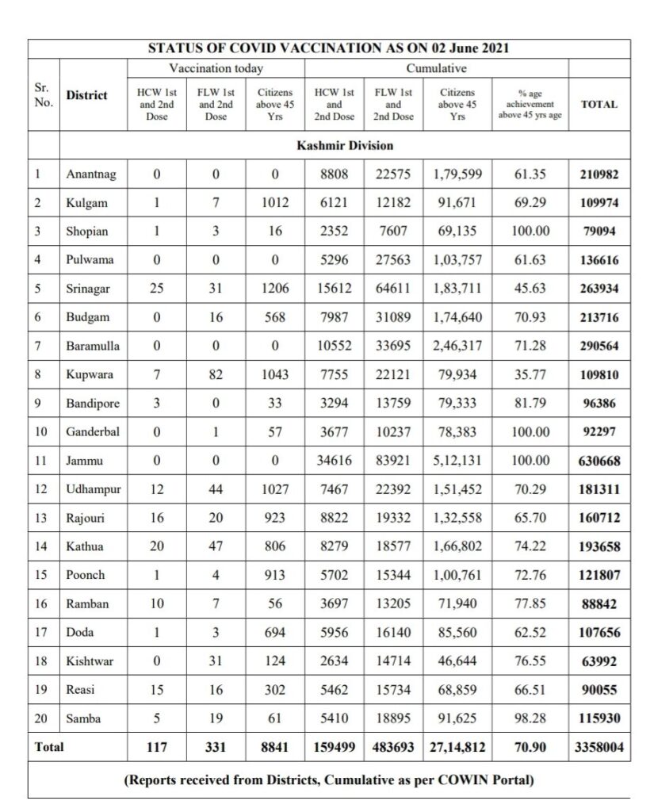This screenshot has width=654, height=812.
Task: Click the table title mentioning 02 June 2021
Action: (328, 48)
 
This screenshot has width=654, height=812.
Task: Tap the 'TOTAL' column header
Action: (599, 104)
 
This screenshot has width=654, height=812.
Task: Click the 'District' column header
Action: (86, 95)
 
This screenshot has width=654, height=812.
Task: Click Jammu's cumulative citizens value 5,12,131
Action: (457, 460)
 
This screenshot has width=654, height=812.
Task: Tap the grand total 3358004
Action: (599, 746)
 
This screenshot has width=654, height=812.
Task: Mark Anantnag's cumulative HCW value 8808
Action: (334, 174)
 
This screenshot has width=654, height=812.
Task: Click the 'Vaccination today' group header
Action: (216, 69)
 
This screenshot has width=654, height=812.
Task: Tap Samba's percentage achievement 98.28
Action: (530, 718)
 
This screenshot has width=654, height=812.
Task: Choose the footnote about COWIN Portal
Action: (329, 780)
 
